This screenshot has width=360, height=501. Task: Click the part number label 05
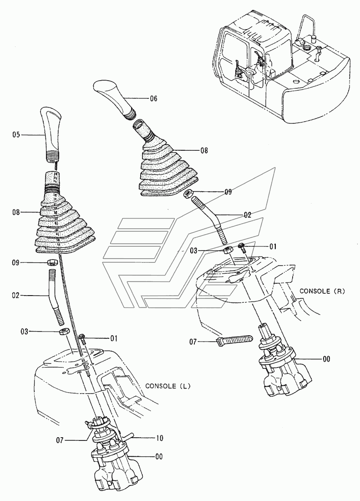point(16,134)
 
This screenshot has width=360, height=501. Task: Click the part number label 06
point(153,98)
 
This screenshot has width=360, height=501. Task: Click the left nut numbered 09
point(52,262)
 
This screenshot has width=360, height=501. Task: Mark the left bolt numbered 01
point(82,337)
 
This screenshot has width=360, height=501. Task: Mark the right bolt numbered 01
point(242,247)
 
